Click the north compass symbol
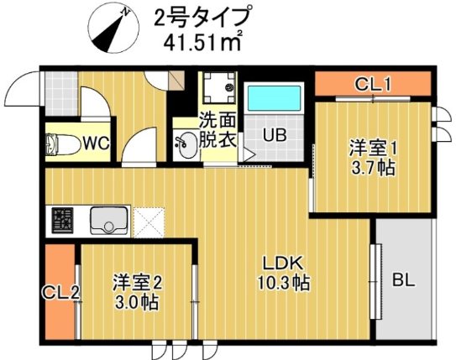click(109, 25)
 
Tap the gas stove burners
click(62, 222)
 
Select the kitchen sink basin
click(107, 222)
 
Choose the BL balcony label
click(403, 279)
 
